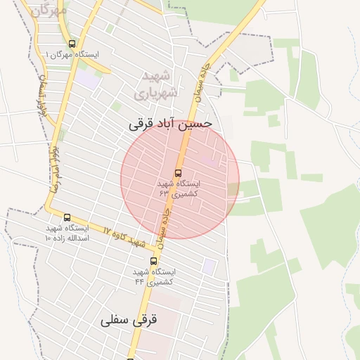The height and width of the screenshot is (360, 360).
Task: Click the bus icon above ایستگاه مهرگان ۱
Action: click(x=72, y=44)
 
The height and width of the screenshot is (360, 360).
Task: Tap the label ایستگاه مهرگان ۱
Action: click(x=73, y=54)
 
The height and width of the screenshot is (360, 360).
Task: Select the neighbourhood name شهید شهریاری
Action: click(x=157, y=84)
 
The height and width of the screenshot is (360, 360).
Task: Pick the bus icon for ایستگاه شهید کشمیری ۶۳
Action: click(x=177, y=172)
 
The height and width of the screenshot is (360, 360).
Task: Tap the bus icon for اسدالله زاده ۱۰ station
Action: click(x=67, y=217)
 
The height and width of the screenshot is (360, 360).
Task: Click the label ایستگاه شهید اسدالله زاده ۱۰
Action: click(x=67, y=233)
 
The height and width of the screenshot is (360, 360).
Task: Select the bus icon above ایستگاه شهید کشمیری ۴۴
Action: click(x=153, y=262)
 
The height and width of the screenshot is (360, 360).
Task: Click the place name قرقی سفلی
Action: click(x=129, y=319)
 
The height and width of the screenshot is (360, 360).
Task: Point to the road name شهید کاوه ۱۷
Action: click(x=124, y=237)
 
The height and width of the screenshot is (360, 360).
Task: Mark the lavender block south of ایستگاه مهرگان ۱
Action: click(x=89, y=78)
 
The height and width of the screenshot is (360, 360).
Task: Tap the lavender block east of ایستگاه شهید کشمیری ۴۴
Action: click(x=210, y=266)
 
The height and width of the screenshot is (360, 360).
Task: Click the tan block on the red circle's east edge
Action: click(x=233, y=189)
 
